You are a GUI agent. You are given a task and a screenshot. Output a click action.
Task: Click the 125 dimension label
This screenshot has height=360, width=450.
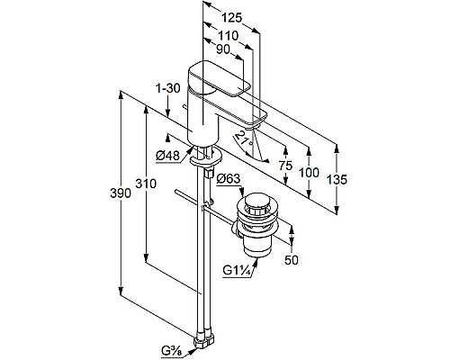pyautogui.click(x=231, y=18)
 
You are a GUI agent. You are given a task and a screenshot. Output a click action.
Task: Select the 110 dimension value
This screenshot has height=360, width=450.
pyautogui.click(x=229, y=36)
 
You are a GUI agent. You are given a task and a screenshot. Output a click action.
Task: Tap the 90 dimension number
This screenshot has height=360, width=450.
pyautogui.click(x=223, y=49)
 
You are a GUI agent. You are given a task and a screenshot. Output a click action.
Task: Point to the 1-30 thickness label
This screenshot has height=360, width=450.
pyautogui.click(x=168, y=88)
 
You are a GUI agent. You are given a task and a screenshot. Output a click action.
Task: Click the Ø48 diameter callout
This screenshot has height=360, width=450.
pyautogui.click(x=168, y=156)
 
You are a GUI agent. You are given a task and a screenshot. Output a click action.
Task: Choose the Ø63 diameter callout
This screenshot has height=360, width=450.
pyautogui.click(x=229, y=179)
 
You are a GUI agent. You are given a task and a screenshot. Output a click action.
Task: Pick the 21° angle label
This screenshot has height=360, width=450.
pyautogui.click(x=244, y=139)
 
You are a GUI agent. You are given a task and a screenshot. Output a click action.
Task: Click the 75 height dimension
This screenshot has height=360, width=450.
pyautogui.click(x=285, y=166)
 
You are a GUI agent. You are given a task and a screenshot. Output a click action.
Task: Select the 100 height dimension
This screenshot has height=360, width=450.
pyautogui.click(x=309, y=173)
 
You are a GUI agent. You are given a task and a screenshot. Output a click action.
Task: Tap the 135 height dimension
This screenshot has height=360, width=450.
pyautogui.click(x=337, y=180)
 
